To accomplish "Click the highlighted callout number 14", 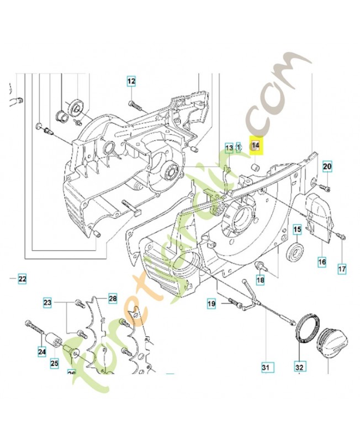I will (x=255, y=146).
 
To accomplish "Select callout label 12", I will (x=131, y=82).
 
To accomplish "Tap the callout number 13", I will (x=229, y=147).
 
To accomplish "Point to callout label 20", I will (x=327, y=166).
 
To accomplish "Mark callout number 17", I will (x=342, y=269).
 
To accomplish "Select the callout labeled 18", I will (x=260, y=280).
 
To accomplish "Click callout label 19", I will (x=211, y=303).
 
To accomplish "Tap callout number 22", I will (x=22, y=279).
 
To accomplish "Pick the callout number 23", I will (x=47, y=302).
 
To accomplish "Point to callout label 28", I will (x=112, y=298).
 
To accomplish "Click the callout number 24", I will (x=41, y=350).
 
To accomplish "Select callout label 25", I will (x=54, y=363).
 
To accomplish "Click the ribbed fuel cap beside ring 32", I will (x=333, y=339).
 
